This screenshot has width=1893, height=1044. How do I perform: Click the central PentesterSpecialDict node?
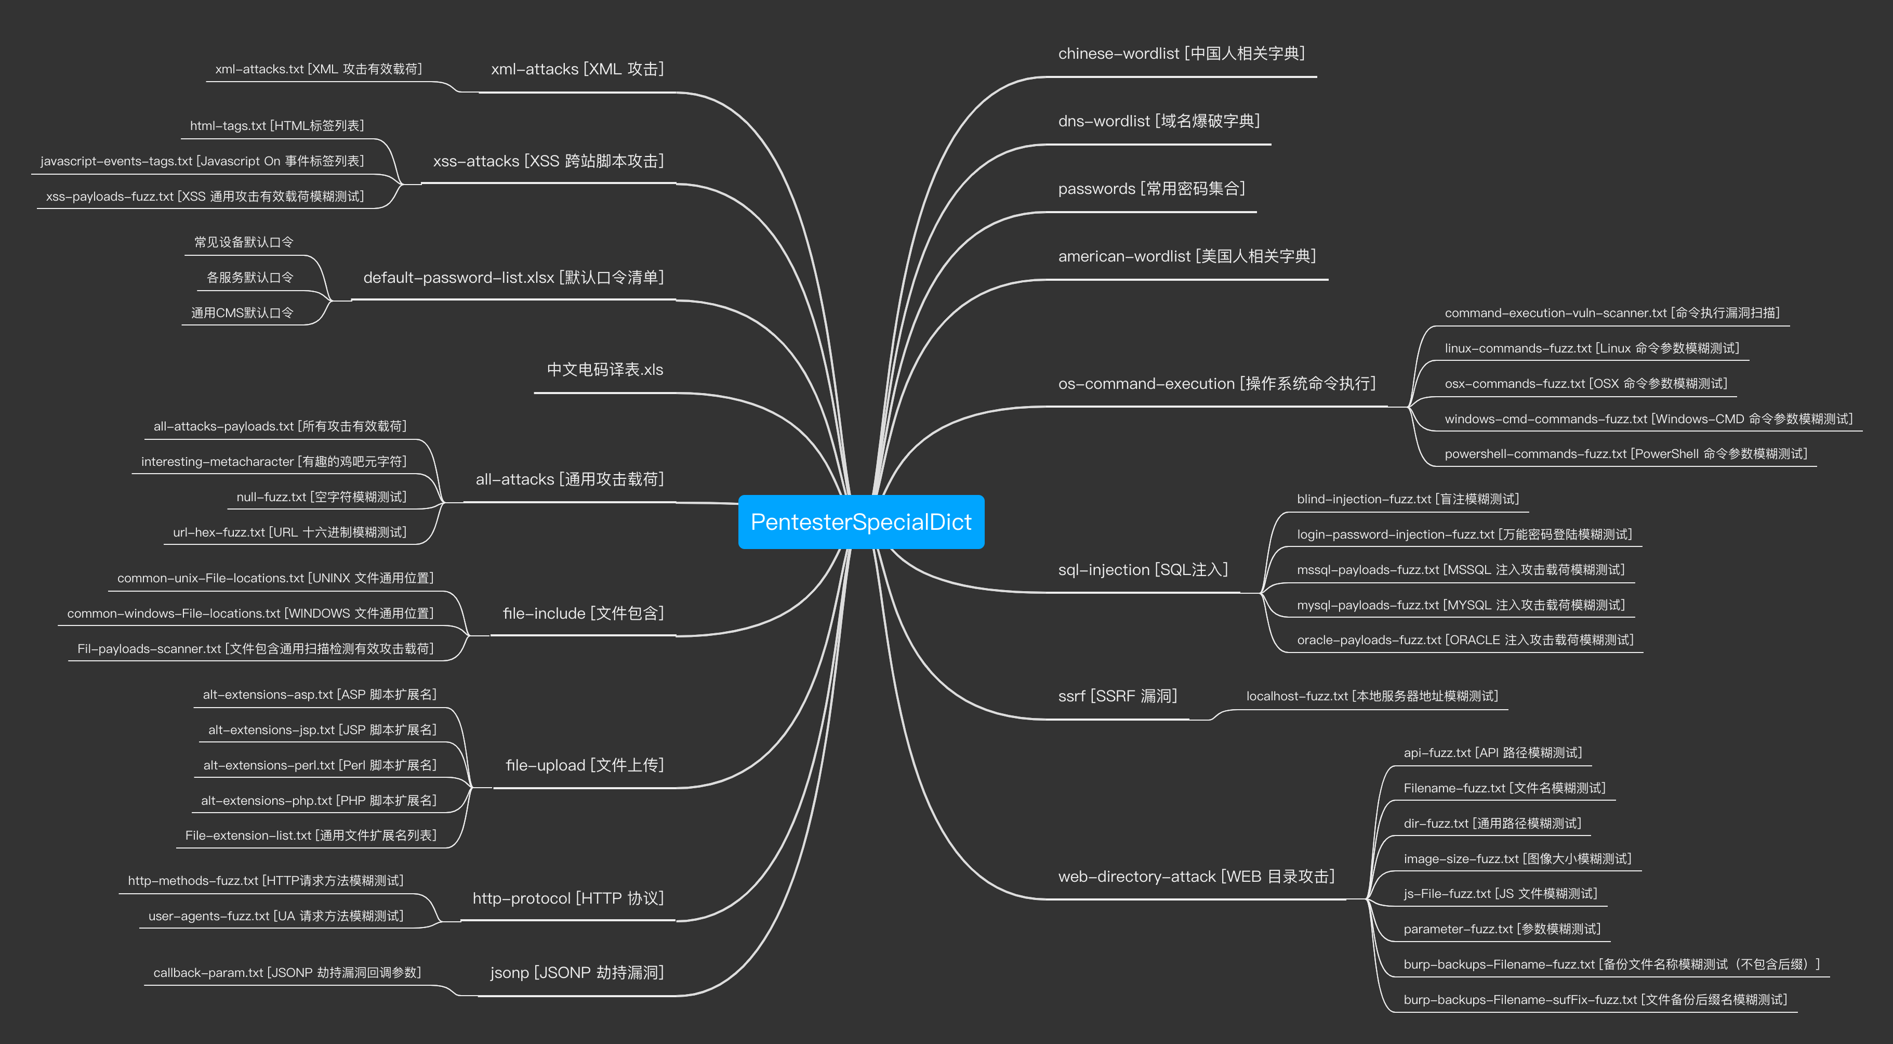point(861,522)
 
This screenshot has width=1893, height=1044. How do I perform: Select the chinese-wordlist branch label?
point(1181,54)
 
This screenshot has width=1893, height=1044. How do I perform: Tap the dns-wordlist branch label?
point(1159,121)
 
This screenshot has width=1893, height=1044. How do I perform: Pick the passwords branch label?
point(1151,189)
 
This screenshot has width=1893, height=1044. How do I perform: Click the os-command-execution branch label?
point(1216,384)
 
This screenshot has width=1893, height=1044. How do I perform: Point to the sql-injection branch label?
point(1143,570)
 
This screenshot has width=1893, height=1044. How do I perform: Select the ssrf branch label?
point(1117,696)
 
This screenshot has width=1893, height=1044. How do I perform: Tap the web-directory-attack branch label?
point(1196,877)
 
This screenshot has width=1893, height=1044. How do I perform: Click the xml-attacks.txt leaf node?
point(318,69)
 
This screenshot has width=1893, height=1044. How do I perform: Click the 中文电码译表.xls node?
point(605,370)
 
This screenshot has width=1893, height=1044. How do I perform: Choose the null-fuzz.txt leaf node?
point(321,497)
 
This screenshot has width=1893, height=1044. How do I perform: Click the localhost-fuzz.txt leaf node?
point(1371,696)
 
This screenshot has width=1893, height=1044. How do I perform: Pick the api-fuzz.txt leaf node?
point(1492,753)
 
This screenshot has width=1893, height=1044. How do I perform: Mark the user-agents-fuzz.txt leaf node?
point(275,916)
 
